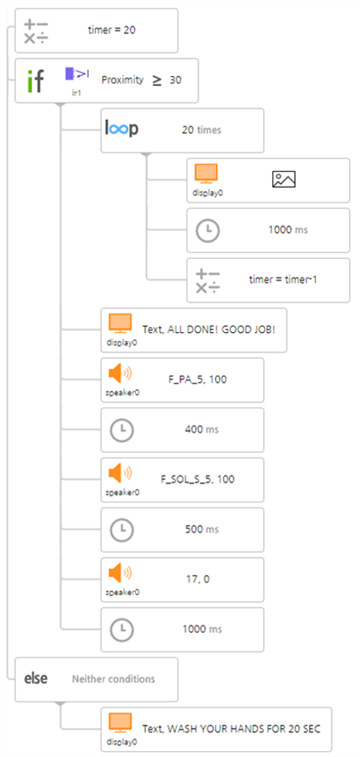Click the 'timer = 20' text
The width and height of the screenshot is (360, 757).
coord(111,30)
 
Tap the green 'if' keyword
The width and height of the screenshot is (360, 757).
coord(35,81)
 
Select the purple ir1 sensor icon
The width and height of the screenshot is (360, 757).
coord(77,73)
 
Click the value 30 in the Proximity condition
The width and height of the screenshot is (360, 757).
coord(175,80)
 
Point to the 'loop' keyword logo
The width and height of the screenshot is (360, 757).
coord(121,129)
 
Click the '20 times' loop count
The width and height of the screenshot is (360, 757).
coord(201,130)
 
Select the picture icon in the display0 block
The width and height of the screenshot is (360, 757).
coord(284,179)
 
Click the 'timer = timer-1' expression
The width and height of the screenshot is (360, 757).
coord(282,280)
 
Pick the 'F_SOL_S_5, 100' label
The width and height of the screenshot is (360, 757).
coord(197,480)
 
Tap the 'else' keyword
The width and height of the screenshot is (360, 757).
coord(36,679)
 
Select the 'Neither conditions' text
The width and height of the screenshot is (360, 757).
coord(114,679)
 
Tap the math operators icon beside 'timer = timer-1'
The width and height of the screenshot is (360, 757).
coord(207,281)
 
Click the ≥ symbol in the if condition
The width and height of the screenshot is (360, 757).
coord(158,81)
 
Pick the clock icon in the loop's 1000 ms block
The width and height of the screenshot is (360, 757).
coord(207,231)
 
